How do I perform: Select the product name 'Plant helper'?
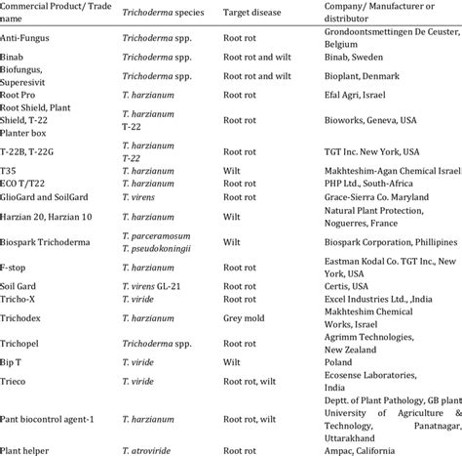pos(30,448)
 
